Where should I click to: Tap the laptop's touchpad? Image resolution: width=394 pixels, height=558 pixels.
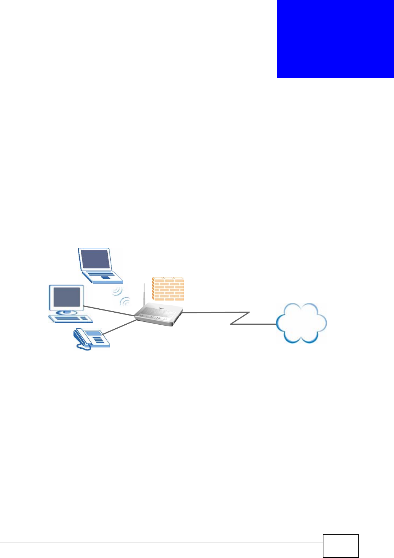[x=105, y=278]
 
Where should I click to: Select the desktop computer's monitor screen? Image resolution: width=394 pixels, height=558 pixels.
[x=67, y=297]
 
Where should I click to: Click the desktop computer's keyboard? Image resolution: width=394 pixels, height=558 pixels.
[x=71, y=319]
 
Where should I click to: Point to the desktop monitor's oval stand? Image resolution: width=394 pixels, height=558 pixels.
[x=66, y=312]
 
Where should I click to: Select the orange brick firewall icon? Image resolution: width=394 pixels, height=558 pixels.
[x=168, y=289]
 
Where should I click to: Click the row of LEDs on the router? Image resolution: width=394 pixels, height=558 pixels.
[x=154, y=318]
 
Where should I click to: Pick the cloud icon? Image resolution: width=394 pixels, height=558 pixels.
[x=301, y=323]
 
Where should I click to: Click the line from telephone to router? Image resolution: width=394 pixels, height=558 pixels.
[x=120, y=327]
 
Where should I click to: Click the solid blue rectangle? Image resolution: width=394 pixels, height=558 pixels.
[x=335, y=39]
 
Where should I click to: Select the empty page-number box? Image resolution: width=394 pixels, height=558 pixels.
[x=341, y=546]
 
